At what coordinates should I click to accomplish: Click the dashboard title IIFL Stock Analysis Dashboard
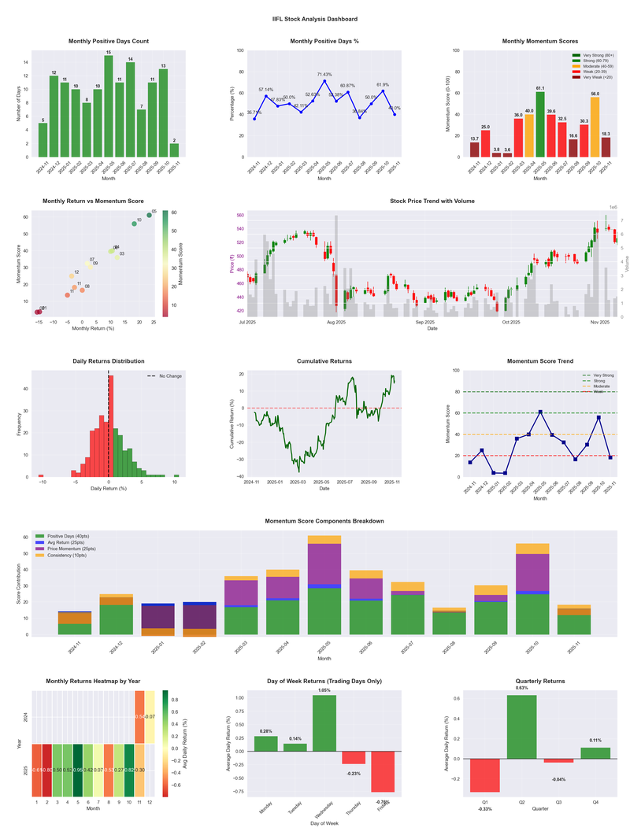(314, 19)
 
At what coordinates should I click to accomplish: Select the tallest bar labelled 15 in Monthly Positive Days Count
(109, 106)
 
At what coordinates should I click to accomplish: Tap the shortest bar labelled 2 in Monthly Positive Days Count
(174, 150)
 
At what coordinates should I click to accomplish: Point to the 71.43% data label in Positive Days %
(324, 74)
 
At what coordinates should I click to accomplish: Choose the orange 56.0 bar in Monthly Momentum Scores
(595, 127)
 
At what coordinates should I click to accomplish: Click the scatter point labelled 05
(149, 215)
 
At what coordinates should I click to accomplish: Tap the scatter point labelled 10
(134, 224)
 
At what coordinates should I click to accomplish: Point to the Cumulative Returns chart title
(324, 361)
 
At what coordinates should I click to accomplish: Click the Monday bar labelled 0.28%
(265, 743)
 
